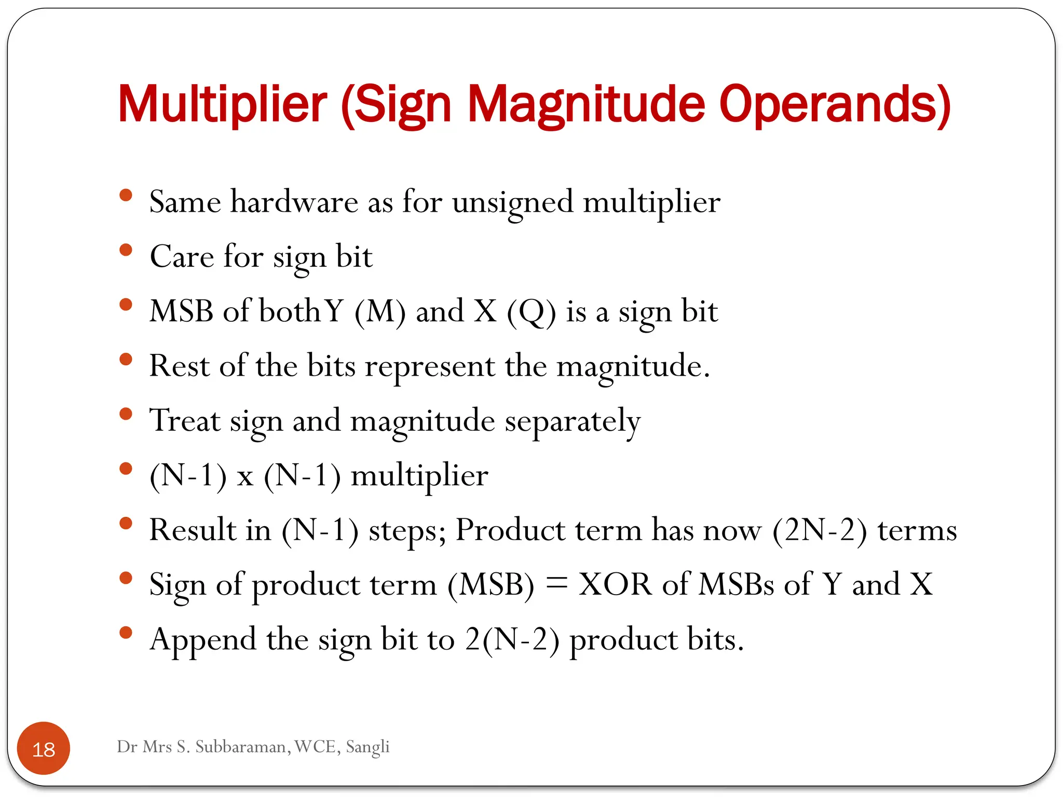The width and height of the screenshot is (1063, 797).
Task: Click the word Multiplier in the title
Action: pos(222,105)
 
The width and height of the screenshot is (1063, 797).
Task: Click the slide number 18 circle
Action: pos(44,748)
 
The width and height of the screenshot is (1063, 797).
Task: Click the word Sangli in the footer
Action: pos(367,747)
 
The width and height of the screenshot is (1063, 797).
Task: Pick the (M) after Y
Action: pos(380,312)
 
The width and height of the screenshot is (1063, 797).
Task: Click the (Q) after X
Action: pos(531,312)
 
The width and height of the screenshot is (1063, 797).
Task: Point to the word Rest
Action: pos(179,366)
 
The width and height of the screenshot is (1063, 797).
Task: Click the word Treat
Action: pos(185,420)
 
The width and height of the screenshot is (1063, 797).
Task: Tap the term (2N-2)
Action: pos(820,530)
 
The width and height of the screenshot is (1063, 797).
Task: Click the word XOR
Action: pos(615,584)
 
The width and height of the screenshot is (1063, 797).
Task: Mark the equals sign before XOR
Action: pos(556,584)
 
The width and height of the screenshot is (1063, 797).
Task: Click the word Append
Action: pos(203,640)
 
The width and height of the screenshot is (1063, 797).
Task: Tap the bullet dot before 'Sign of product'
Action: pos(126,578)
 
